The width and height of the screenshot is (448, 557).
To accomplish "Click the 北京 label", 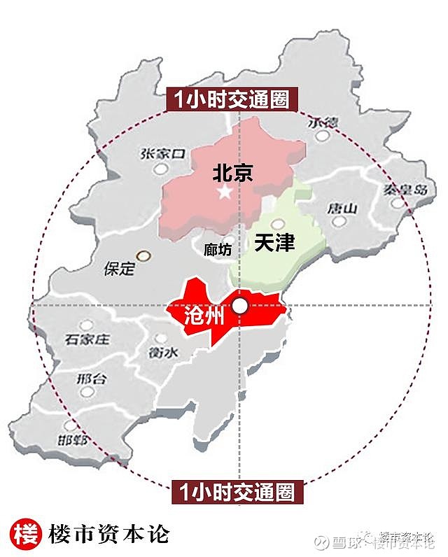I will point(232,173).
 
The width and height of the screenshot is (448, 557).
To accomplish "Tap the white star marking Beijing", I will point(224,192).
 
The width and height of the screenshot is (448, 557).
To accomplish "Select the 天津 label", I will point(274,244).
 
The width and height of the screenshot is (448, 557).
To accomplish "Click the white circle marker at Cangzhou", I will point(240,305).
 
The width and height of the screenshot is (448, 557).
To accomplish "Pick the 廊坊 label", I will point(217,250).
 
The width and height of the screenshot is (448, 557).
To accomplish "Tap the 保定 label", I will point(118,269).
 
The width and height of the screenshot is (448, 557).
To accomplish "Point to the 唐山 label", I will point(342,209).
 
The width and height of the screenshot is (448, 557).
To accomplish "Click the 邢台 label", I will point(91,380).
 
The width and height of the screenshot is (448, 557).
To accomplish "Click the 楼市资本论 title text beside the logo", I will point(108,534).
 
